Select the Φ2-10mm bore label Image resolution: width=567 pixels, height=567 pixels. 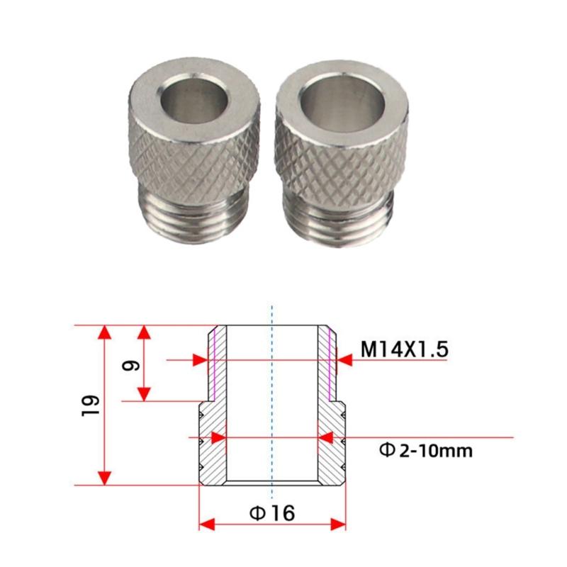pyautogui.click(x=426, y=450)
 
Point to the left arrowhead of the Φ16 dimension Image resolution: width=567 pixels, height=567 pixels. pyautogui.click(x=206, y=524)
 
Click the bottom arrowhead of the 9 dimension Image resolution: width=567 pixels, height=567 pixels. pyautogui.click(x=145, y=393)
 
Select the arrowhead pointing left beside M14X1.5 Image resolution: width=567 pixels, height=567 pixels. pyautogui.click(x=344, y=361)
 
